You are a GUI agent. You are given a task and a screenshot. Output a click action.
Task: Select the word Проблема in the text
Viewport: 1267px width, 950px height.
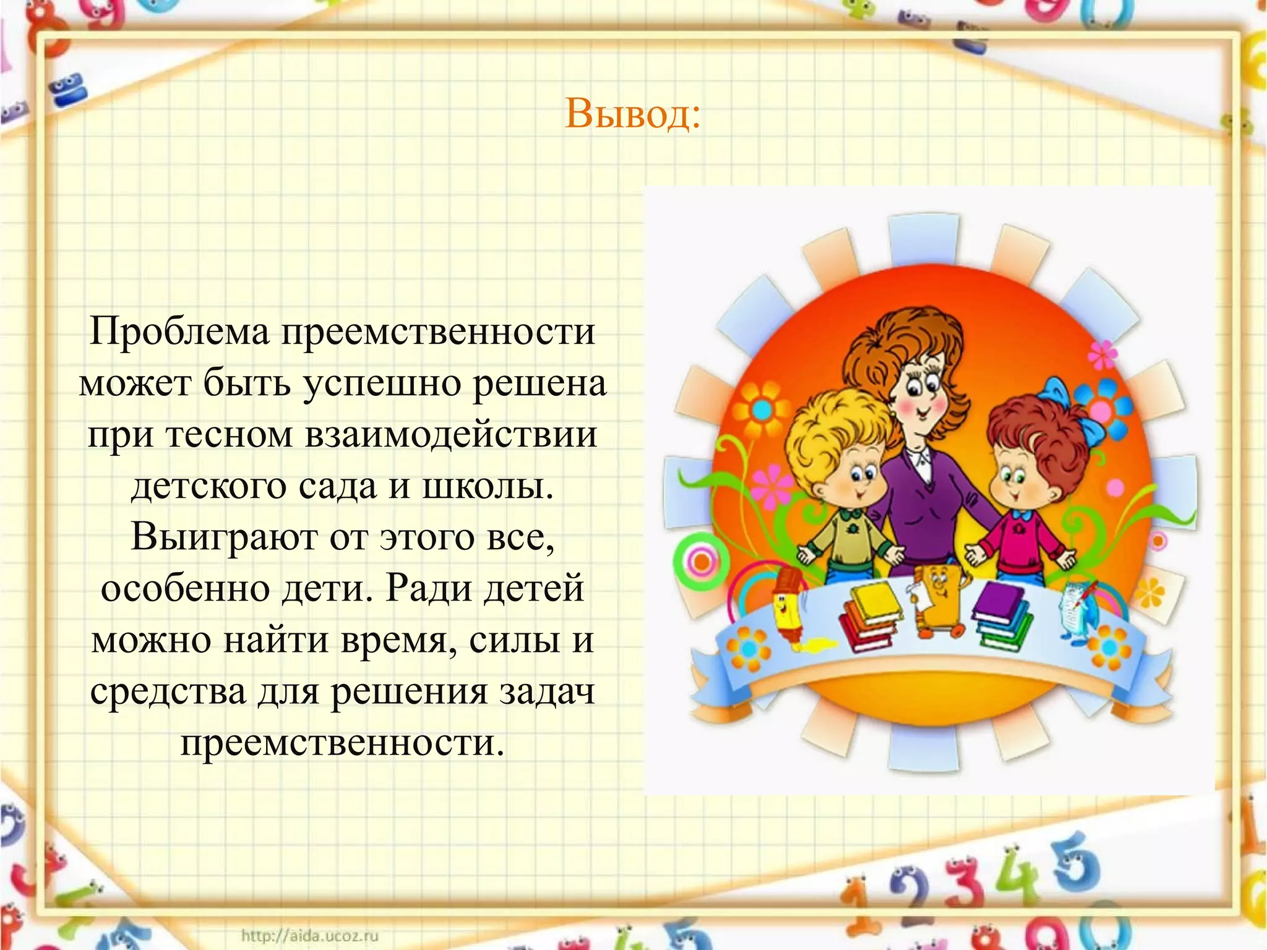click(179, 332)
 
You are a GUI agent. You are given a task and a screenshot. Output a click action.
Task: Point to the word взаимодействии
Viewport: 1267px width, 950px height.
click(451, 435)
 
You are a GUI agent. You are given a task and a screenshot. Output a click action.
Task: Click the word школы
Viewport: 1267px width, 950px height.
click(488, 486)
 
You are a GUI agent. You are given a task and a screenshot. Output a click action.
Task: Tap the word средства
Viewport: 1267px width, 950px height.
click(168, 691)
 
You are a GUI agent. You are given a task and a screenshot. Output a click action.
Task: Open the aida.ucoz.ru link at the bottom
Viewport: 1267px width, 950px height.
click(309, 936)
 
